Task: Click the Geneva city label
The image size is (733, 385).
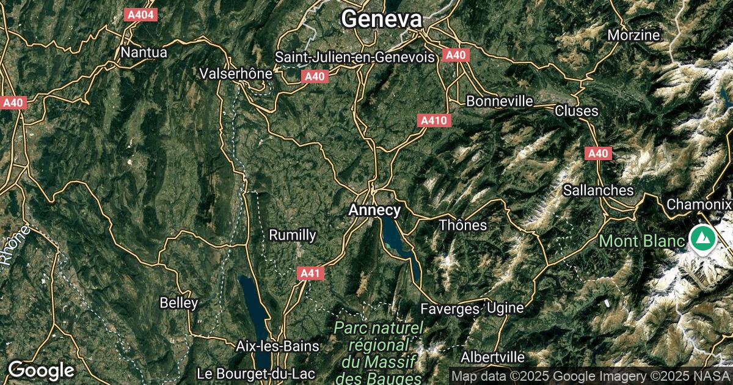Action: click(x=381, y=19)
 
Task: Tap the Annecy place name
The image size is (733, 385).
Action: click(x=374, y=210)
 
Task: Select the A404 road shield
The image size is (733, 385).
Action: click(x=140, y=15)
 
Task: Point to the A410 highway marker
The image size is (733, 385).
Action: click(x=435, y=121)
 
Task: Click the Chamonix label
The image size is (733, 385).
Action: click(x=699, y=204)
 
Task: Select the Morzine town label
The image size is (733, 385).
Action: click(x=633, y=35)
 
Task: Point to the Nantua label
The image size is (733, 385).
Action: click(x=144, y=53)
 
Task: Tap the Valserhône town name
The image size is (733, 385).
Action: click(x=236, y=73)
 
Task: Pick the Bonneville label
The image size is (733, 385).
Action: click(x=499, y=101)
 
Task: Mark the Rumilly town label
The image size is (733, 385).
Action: click(x=293, y=235)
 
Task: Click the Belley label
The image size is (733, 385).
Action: click(x=179, y=302)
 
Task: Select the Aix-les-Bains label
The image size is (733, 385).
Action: click(x=277, y=346)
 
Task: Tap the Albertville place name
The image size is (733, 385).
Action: click(x=493, y=356)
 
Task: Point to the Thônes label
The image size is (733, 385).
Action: click(x=463, y=225)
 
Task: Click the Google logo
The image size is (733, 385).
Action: click(x=41, y=370)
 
